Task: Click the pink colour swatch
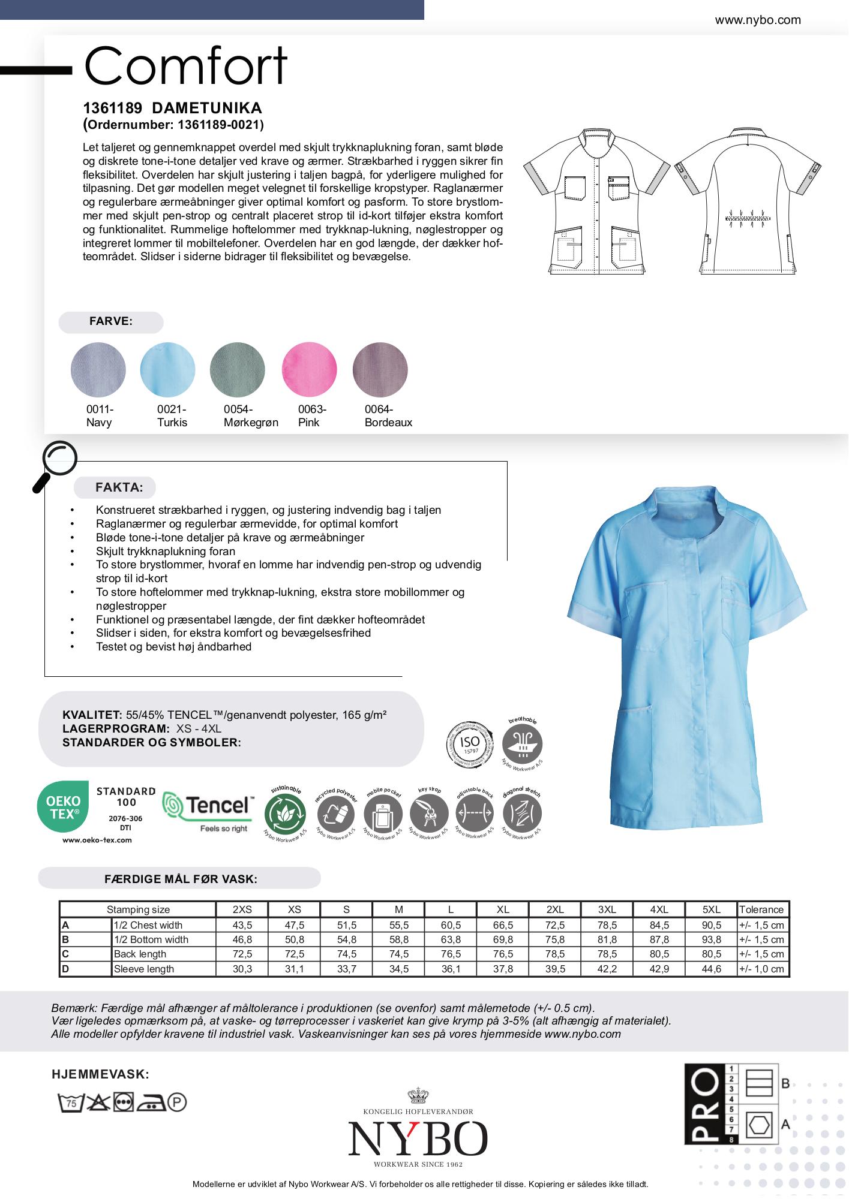click(309, 369)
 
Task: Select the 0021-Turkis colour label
click(172, 415)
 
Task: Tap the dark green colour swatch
click(238, 369)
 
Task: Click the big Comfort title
click(186, 66)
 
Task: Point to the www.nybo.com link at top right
click(758, 20)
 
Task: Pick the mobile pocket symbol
click(383, 815)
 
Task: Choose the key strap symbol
click(429, 815)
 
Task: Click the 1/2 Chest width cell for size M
click(398, 925)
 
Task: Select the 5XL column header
click(711, 909)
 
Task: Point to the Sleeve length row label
click(144, 969)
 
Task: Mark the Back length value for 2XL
click(555, 954)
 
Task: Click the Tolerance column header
click(761, 909)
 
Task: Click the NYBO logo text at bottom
click(418, 1139)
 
